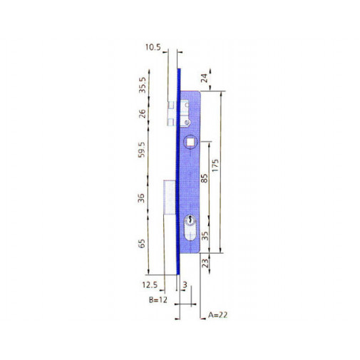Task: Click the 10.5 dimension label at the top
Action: coord(152,48)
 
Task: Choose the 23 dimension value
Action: coord(205,264)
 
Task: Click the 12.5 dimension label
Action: coord(149,285)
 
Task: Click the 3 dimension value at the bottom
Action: coord(185,285)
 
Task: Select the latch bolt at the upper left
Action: coord(172,112)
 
